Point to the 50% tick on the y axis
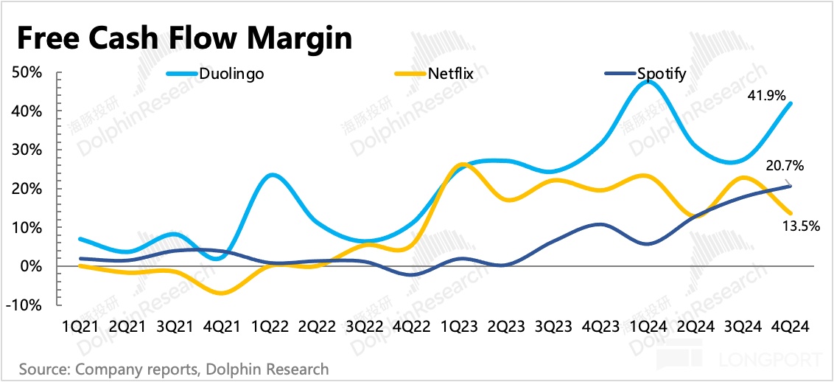[x=27, y=73]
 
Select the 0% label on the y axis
[x=30, y=266]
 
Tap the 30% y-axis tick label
[x=27, y=150]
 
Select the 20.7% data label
[x=784, y=166]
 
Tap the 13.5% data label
[x=801, y=226]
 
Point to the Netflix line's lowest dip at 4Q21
[x=221, y=293]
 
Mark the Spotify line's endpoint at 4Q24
[x=791, y=186]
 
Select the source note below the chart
[x=174, y=368]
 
